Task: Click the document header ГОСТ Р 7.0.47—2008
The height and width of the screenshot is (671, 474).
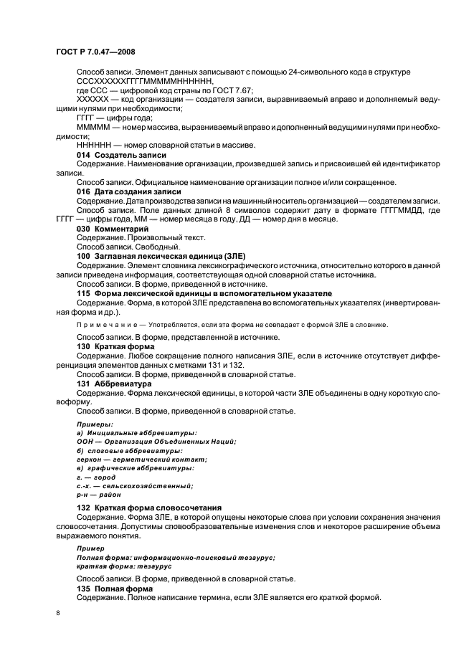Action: click(95, 52)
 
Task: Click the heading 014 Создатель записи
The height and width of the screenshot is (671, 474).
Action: click(121, 155)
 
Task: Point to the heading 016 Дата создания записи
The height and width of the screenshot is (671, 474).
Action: click(128, 191)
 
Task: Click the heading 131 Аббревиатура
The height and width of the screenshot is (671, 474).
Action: click(110, 384)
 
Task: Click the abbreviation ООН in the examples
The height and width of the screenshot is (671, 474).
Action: click(86, 442)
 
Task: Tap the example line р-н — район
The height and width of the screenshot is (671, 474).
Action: click(99, 494)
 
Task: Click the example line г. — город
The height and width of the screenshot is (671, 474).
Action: click(96, 477)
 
